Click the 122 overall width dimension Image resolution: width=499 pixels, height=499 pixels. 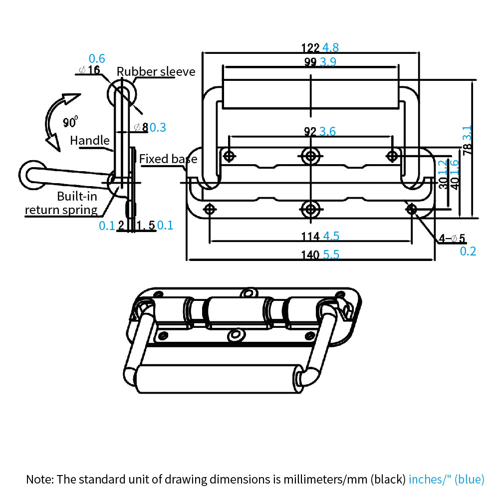coord(310,48)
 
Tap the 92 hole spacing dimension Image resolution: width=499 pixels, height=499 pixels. coord(310,132)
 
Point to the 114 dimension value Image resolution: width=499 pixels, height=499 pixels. coord(310,236)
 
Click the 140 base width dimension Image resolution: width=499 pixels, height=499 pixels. coord(310,254)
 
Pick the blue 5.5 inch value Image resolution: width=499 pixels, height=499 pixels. coord(331,254)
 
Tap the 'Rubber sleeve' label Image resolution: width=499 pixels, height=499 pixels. coord(156,71)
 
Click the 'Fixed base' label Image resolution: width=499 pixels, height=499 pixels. coord(168,159)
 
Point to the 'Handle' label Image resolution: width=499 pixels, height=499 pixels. coord(89,141)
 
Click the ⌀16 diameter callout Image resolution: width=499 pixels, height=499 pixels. coord(90,70)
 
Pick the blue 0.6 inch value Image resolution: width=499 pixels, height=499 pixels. coord(97,58)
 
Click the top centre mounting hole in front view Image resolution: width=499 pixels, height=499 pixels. coord(311,156)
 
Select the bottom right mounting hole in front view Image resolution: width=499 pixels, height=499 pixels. coord(412,209)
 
